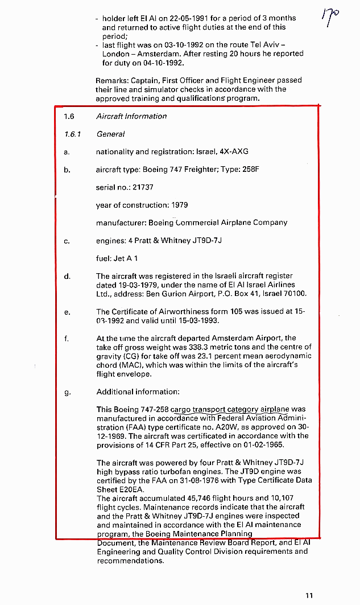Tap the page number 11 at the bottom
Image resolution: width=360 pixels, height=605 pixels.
click(309, 596)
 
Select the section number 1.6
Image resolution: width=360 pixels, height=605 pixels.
click(69, 116)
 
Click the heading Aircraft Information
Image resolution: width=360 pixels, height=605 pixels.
click(131, 116)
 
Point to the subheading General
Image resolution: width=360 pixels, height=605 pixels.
click(110, 134)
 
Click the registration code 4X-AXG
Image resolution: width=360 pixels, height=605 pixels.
click(234, 152)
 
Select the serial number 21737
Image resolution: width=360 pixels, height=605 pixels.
click(142, 187)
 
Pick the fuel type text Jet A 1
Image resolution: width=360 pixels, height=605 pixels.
click(126, 258)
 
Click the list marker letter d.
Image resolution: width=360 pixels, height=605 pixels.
click(67, 276)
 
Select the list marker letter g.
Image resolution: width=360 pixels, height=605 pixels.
click(67, 392)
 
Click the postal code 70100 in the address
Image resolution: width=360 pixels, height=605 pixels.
click(295, 294)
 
